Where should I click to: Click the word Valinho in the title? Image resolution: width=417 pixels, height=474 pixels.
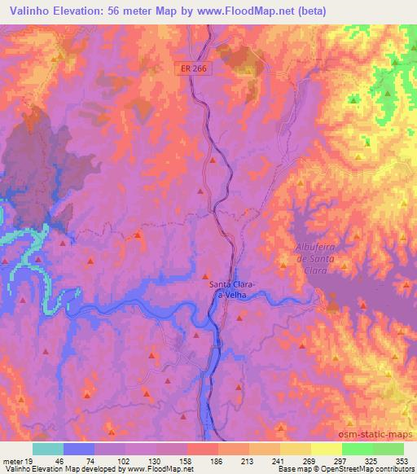25,11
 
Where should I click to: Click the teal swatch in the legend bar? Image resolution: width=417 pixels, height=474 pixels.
48,449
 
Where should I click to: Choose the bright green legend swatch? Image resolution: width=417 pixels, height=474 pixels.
358,449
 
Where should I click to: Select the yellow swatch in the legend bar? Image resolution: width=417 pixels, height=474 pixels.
327,449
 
